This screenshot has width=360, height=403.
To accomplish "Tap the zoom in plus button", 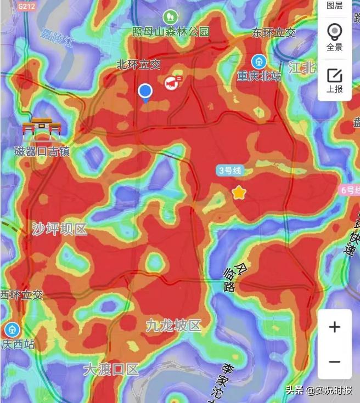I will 335,327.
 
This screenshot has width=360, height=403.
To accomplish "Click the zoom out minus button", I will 335,362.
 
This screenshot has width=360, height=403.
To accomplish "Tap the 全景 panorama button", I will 334,37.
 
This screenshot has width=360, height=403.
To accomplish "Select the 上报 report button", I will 334,80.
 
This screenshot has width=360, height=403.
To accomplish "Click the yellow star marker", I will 239,192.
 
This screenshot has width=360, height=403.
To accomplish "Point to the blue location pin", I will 145,92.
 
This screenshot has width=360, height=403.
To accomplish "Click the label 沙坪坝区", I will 59,229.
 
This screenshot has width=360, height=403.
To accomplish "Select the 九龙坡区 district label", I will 173,326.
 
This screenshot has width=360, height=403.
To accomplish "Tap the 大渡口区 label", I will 111,369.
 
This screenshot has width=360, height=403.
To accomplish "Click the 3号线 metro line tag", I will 229,171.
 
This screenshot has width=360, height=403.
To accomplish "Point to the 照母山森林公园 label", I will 171,32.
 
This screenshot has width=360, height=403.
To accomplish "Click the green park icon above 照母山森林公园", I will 170,16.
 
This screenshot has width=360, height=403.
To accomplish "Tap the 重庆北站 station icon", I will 258,61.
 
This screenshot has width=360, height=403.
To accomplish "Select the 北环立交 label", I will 138,64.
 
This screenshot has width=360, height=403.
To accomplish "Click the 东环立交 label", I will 274,32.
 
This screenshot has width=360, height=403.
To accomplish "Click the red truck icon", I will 171,83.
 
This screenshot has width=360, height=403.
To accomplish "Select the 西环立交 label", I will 21,294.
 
